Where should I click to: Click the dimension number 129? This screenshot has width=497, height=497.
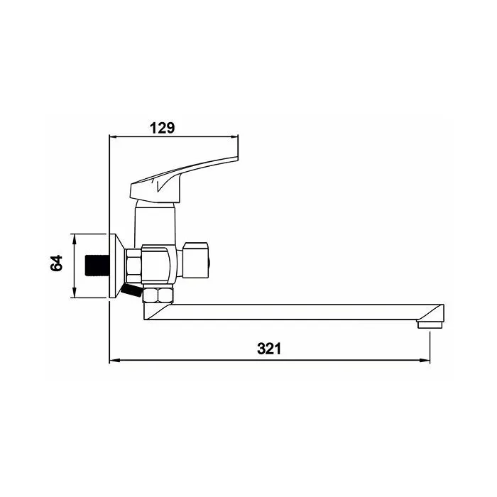point(162,128)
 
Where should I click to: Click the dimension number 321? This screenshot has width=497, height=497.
point(269,349)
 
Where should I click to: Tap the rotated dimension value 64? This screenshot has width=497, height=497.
point(57,263)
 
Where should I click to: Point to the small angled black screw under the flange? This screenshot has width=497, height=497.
point(131,290)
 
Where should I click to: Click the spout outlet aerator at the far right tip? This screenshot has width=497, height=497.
point(430,324)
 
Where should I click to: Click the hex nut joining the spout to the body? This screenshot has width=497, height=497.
point(158,295)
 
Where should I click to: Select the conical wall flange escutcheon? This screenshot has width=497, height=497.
point(116,266)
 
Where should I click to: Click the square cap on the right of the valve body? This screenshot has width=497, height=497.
point(195,261)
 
